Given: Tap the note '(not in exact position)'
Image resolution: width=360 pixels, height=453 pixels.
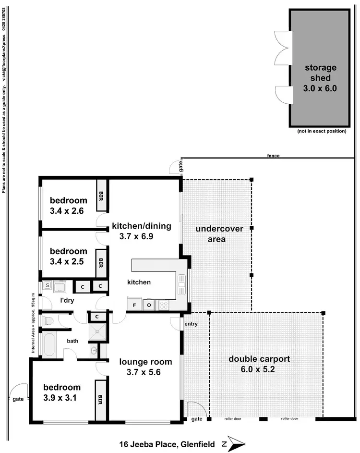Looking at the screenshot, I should point(321,131).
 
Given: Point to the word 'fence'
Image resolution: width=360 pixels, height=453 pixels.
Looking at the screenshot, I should point(274,156).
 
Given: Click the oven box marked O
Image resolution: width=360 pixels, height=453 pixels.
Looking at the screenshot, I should point(149,304).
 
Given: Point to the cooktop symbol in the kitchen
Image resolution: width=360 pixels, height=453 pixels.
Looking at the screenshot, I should point(164,304).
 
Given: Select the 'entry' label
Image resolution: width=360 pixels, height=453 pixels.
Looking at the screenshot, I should point(191,324).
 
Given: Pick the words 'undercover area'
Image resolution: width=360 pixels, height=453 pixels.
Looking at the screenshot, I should point(219,233).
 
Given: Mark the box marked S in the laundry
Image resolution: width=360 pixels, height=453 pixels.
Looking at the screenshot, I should point(48,285).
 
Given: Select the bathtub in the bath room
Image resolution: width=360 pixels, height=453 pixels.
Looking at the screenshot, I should point(49,344).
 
